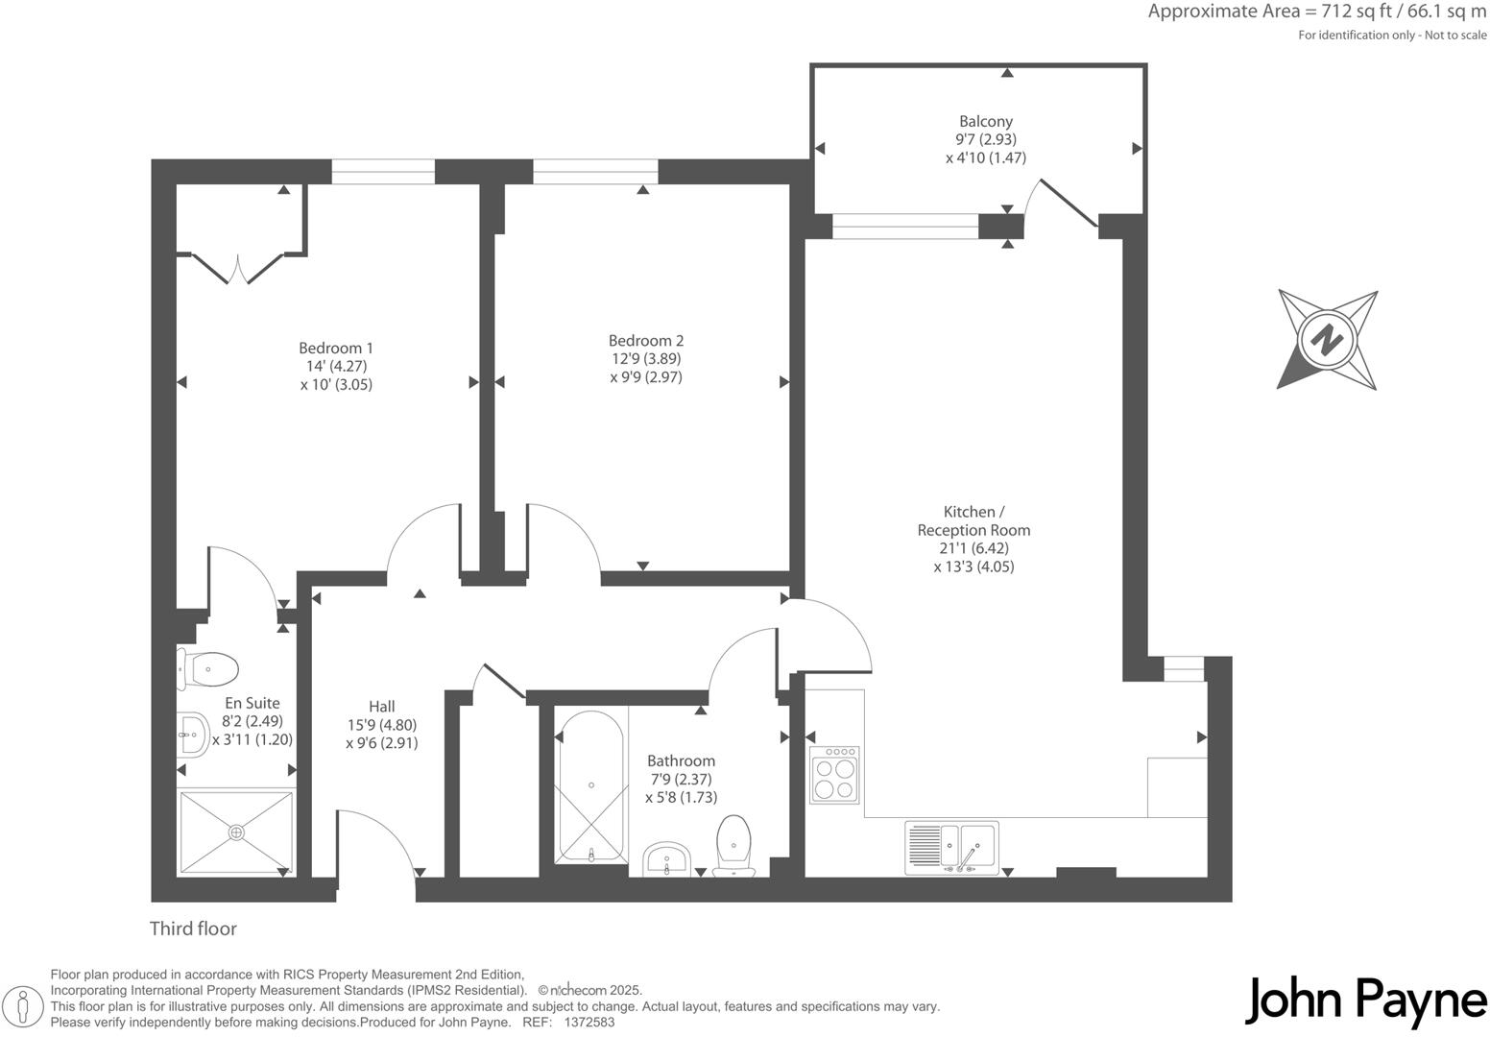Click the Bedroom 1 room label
[x=336, y=348]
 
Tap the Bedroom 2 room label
[x=646, y=341]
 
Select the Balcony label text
[x=986, y=122]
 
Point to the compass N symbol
[x=1328, y=339]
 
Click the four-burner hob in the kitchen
[x=834, y=775]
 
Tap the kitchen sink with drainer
[x=951, y=847]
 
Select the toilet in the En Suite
[x=207, y=668]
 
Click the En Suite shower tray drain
[x=236, y=832]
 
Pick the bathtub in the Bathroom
[x=591, y=786]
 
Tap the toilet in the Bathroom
[x=734, y=846]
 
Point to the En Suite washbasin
[x=192, y=736]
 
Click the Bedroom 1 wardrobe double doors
[x=238, y=268]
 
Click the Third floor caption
[x=193, y=928]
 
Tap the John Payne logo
[x=1365, y=1001]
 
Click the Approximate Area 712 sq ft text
[x=1316, y=12]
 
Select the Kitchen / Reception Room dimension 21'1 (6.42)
[x=973, y=548]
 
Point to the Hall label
[x=381, y=707]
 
